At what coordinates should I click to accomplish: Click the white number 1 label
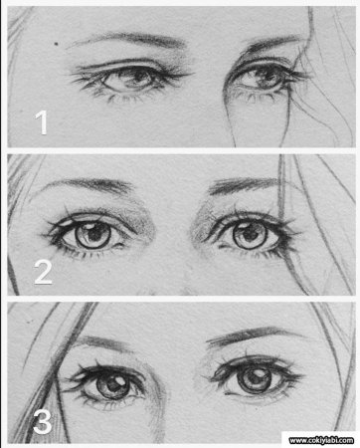(42, 122)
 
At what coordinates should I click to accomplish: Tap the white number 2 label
(43, 272)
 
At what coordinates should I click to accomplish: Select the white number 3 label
(43, 421)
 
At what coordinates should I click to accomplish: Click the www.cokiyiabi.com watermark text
(321, 440)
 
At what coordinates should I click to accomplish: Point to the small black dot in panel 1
(57, 43)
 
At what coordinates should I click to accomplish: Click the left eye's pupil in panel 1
(137, 77)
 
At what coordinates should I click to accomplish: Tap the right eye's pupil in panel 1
(266, 76)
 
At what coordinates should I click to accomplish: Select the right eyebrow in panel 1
(271, 44)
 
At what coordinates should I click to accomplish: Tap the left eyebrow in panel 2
(90, 184)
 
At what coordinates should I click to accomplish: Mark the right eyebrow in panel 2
(246, 184)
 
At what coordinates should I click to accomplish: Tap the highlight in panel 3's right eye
(258, 374)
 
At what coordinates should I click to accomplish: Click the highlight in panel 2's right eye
(245, 227)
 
